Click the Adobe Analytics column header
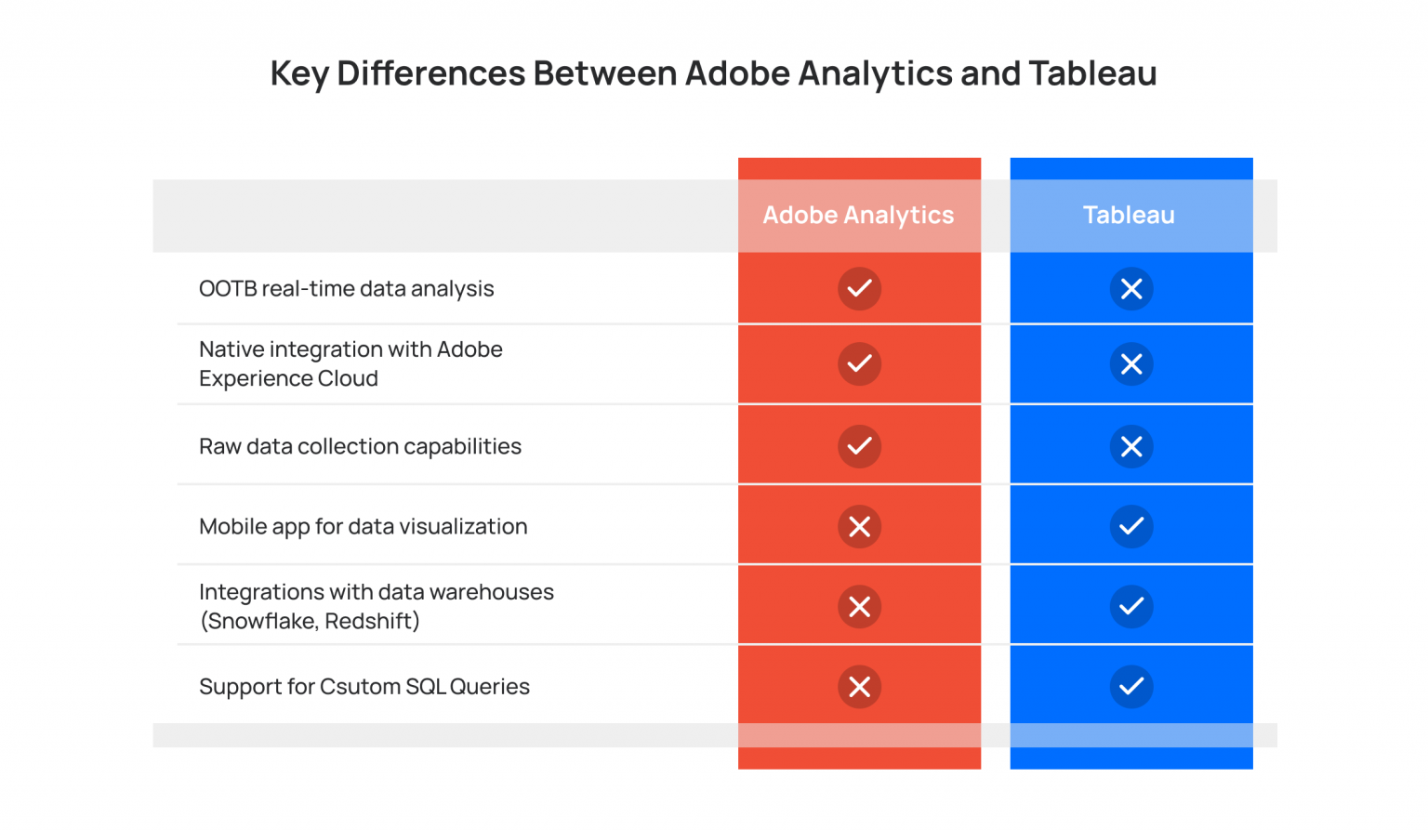tap(858, 215)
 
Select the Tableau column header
tap(1129, 215)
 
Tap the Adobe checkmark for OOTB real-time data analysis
tap(859, 288)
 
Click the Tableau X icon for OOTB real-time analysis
tap(1131, 289)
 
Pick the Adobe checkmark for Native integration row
tap(859, 363)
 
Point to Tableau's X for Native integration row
tap(1131, 364)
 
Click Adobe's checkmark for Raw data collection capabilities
tap(859, 446)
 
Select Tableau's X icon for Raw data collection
tap(1131, 447)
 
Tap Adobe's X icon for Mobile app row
tap(859, 527)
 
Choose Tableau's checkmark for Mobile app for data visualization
tap(1131, 527)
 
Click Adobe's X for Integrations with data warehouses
tap(859, 607)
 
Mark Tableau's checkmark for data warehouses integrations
tap(1131, 607)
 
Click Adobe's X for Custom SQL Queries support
tap(859, 687)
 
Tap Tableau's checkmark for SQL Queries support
tap(1131, 687)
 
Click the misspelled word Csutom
tap(356, 687)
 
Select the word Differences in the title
tap(430, 73)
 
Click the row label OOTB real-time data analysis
tap(346, 289)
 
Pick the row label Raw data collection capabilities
tap(360, 446)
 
